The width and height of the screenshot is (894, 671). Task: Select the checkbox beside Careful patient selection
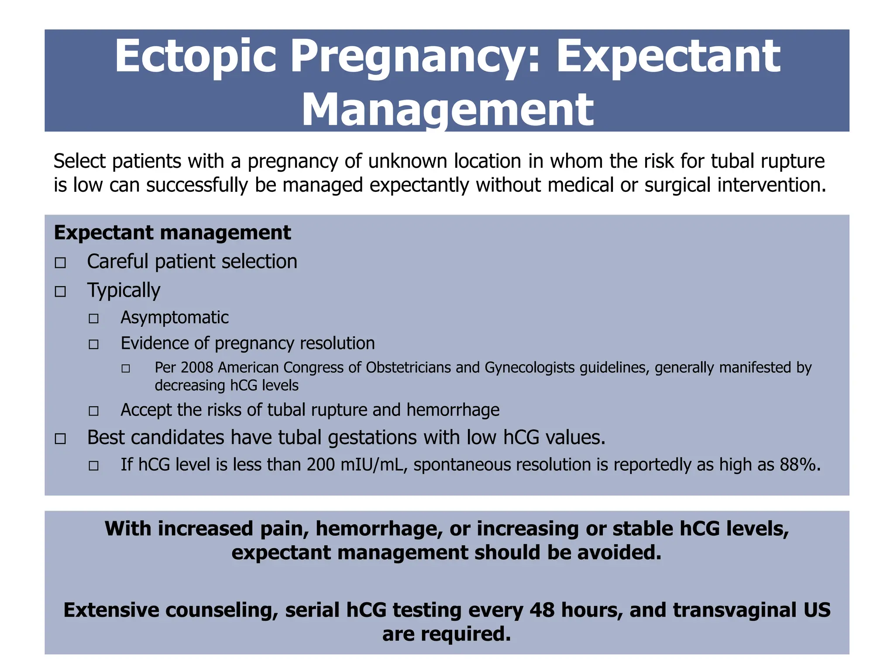click(60, 263)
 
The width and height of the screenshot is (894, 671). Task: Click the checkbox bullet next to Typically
click(60, 291)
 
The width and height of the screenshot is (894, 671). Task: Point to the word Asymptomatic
click(175, 318)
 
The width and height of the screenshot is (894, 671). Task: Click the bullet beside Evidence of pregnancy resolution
click(93, 345)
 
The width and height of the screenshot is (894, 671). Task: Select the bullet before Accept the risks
click(93, 411)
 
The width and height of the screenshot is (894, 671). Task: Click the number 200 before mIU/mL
click(320, 465)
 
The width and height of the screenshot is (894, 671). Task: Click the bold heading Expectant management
click(172, 232)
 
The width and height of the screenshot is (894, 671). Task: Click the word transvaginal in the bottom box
click(735, 610)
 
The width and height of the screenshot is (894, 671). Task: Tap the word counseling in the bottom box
click(222, 610)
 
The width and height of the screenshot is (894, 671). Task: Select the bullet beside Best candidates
click(60, 439)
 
